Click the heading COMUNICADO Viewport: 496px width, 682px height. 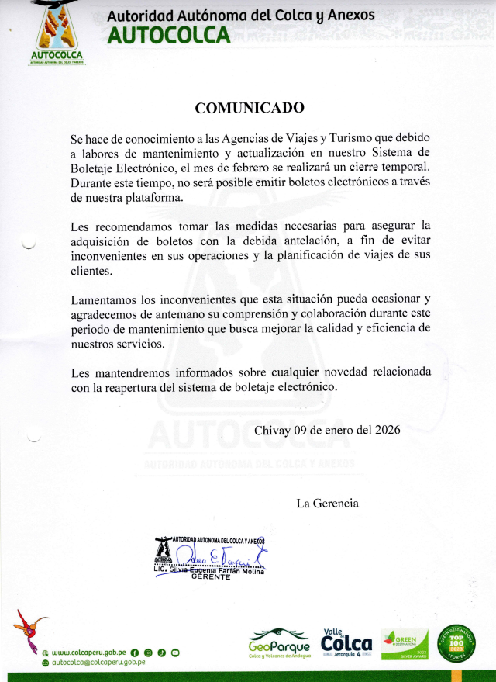tap(250, 108)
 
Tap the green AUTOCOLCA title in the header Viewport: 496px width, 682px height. tap(169, 35)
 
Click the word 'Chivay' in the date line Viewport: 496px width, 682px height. tap(271, 430)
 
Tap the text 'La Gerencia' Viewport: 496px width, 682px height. tap(328, 503)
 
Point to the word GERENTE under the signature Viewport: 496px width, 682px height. tap(211, 578)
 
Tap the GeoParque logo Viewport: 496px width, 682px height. tap(279, 643)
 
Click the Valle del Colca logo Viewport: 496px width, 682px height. tap(346, 641)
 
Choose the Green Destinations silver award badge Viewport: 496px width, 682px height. tap(405, 643)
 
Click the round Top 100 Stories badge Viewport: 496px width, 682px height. tap(457, 642)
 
